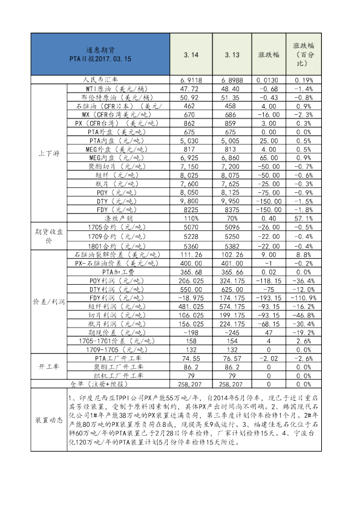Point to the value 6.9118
[x=191, y=80]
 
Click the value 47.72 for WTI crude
[x=191, y=88]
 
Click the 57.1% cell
[x=303, y=218]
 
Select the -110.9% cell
[x=303, y=298]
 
